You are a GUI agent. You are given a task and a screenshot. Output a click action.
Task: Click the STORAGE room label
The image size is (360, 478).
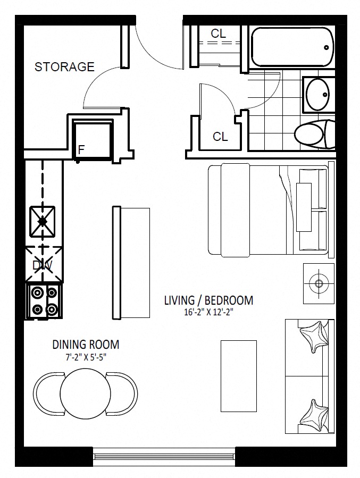[x=65, y=67]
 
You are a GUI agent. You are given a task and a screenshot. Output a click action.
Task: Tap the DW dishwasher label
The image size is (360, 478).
[x=43, y=265]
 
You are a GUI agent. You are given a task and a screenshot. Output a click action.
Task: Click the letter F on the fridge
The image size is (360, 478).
[x=81, y=150]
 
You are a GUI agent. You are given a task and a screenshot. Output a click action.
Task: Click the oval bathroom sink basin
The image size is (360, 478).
[x=317, y=95]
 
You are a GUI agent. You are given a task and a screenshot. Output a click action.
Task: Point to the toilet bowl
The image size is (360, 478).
[x=309, y=134]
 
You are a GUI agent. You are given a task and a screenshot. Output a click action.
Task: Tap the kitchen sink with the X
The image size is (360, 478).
[x=43, y=221]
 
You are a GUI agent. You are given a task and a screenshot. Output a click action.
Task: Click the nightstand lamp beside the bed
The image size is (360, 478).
[x=319, y=283]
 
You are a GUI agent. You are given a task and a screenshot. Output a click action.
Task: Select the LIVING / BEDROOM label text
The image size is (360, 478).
[x=209, y=300]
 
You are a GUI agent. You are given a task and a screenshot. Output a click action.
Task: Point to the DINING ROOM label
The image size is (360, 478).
[x=86, y=345]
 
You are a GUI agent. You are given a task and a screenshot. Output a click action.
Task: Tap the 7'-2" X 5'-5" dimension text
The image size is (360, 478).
[x=86, y=357]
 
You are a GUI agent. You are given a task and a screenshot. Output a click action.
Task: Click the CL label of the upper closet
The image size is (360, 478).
[x=218, y=33]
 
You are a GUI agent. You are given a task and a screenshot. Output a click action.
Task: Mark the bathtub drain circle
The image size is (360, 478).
[x=326, y=47]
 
